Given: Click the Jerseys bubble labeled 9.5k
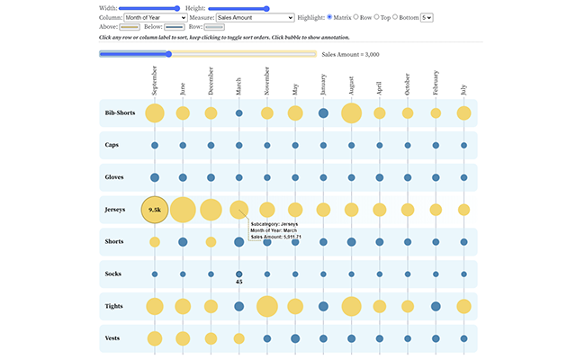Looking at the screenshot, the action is tap(155, 210).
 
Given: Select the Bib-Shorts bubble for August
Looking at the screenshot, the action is tap(352, 113).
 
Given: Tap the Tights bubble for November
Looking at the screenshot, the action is tap(267, 306).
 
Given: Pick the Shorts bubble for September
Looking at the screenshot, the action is tap(155, 242).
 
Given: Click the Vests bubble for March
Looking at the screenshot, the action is tap(239, 338).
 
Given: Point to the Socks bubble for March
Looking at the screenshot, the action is tap(239, 274).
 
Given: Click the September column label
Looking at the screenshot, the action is tap(155, 80).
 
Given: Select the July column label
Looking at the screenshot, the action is tap(464, 90).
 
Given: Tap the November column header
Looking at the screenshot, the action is tap(267, 81).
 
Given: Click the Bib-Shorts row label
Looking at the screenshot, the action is tap(120, 112).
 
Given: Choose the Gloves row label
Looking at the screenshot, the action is tap(114, 177).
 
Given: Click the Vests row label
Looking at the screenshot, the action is tap(112, 338).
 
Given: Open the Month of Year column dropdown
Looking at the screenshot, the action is tap(156, 18).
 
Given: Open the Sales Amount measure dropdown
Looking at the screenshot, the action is tap(256, 18).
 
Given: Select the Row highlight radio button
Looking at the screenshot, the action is tap(356, 17).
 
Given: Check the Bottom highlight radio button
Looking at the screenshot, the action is tap(395, 17).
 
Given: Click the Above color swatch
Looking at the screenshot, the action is tap(130, 27).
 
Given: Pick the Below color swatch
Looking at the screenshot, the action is tap(175, 27).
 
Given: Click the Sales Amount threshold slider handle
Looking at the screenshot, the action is tap(168, 54).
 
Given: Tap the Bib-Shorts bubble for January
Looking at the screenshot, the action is tap(323, 113).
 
